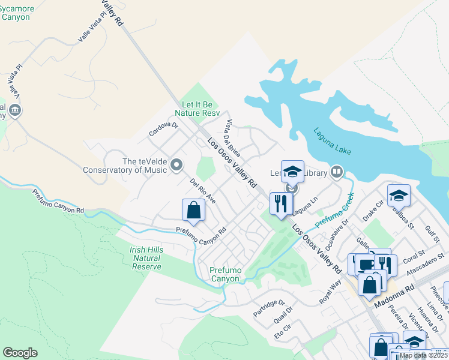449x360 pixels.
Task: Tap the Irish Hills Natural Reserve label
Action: pos(146,258)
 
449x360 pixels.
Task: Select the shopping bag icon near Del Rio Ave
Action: pos(193,210)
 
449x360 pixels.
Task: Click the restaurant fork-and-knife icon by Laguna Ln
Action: pos(280,203)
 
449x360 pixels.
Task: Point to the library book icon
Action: pos(337,173)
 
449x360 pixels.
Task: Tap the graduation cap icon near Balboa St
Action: pos(399,195)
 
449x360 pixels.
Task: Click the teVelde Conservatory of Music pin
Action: pos(176,164)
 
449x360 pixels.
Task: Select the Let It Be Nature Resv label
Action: pos(197,108)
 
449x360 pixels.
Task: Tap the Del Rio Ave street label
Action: pos(202,190)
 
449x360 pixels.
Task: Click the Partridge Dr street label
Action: pos(268,304)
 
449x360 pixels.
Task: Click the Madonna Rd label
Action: pos(394,296)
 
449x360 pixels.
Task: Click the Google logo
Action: pos(20,353)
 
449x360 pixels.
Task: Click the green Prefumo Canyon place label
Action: pos(224,274)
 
